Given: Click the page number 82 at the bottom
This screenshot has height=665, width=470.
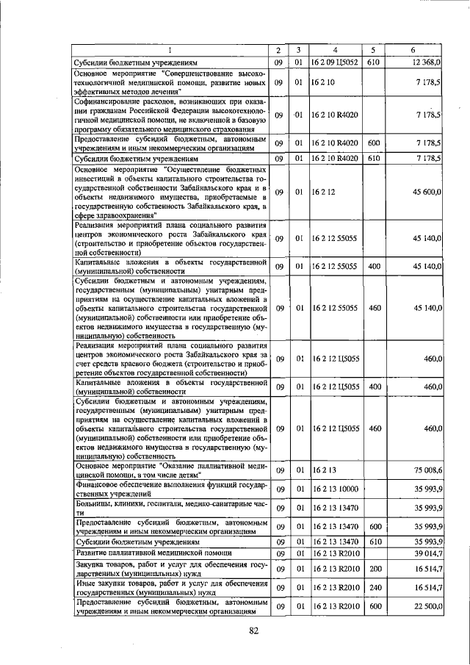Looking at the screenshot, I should (255, 630).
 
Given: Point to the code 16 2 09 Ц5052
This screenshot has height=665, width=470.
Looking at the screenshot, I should (333, 63).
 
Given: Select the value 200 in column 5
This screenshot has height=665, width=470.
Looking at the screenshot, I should (374, 569).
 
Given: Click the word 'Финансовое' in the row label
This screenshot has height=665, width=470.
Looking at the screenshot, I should (98, 484).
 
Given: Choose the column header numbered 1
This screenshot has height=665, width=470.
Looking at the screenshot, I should (170, 50).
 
